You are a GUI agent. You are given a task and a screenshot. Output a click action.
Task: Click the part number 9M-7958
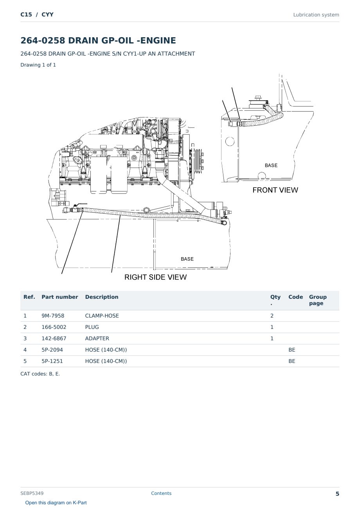(53, 316)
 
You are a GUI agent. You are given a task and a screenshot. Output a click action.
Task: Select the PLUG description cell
(92, 327)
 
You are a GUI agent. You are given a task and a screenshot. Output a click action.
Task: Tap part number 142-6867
(54, 338)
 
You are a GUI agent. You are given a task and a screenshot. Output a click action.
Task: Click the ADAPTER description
(97, 338)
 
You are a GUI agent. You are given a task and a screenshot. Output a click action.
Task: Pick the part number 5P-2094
(52, 350)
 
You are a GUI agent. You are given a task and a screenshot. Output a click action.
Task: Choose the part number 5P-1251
(52, 361)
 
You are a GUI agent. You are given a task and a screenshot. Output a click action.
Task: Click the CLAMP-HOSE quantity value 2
(272, 316)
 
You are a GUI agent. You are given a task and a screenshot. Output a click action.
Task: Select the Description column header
(102, 297)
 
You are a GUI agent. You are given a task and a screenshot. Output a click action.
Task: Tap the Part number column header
(60, 297)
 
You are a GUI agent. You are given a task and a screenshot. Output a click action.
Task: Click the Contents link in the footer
(161, 493)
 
